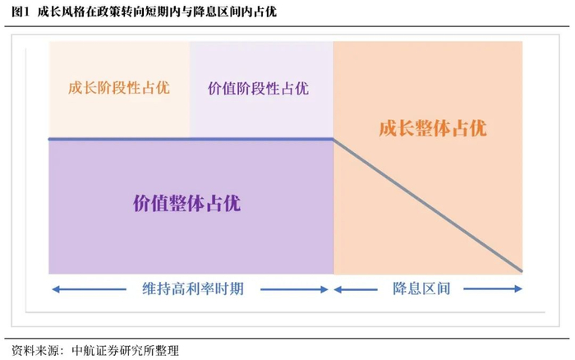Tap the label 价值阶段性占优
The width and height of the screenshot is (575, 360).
(259, 88)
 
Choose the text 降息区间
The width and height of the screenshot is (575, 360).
(427, 288)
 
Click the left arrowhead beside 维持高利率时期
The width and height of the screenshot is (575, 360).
(54, 288)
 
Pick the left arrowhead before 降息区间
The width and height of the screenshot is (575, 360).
(337, 288)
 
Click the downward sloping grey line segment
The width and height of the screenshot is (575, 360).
(427, 205)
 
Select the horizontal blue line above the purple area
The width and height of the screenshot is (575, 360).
(191, 139)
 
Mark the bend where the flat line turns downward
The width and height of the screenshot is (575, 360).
(333, 139)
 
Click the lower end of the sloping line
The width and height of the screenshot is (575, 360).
(522, 270)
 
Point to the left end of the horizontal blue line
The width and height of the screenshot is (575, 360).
(50, 139)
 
